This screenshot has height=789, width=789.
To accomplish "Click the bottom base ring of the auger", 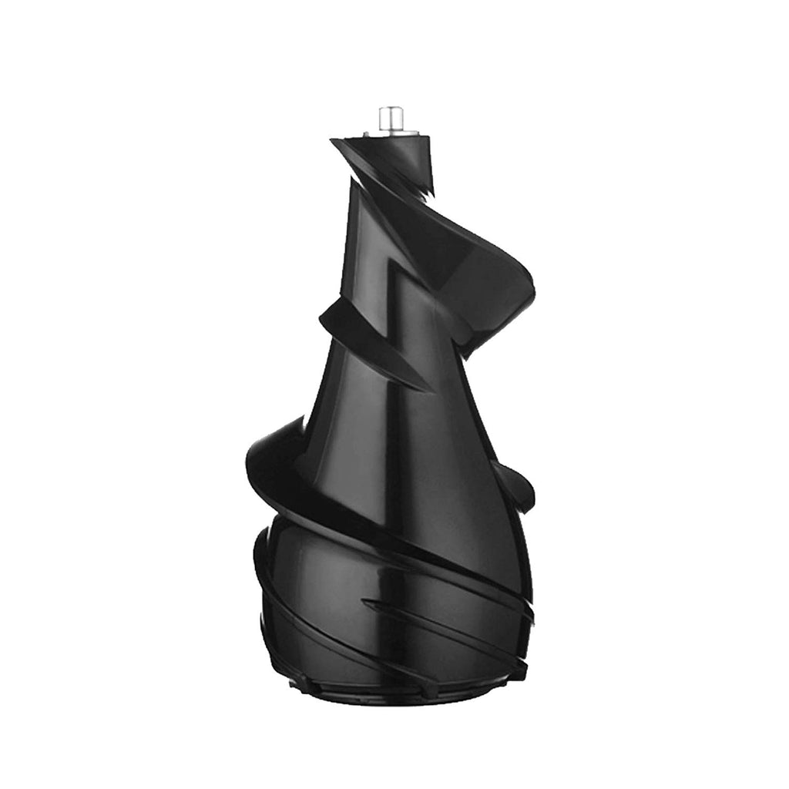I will [393, 693].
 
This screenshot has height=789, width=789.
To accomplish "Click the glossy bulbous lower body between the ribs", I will [339, 570].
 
